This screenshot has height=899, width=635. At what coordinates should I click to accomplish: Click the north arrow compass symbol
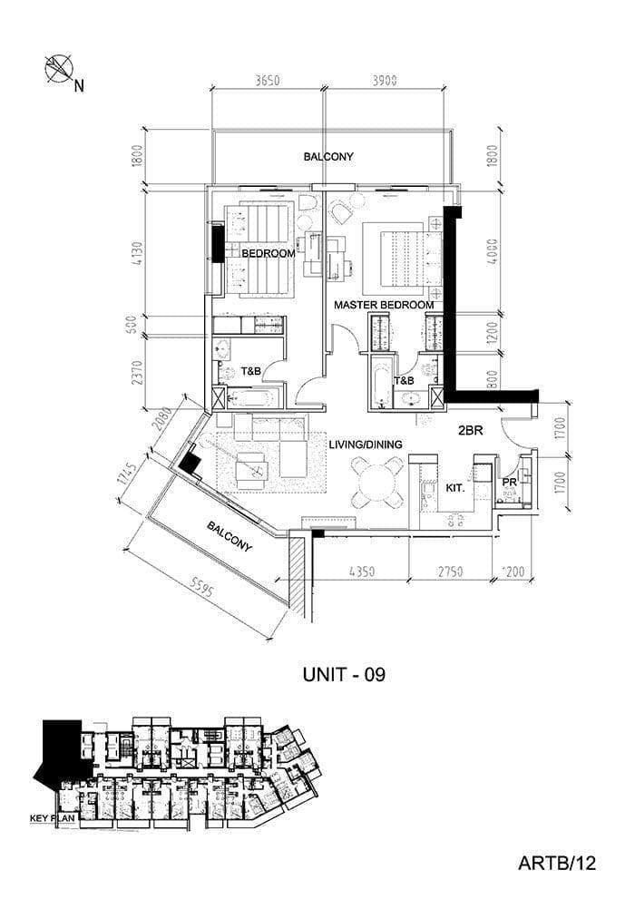pos(59,69)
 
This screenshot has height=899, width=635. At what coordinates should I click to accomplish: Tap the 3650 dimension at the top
pos(268,80)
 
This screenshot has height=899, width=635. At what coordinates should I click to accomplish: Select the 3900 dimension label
pos(385,80)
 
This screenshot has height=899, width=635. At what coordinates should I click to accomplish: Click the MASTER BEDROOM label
pos(384,305)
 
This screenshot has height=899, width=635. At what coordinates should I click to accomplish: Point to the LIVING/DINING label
pos(366,445)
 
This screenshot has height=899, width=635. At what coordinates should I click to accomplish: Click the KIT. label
pos(455,488)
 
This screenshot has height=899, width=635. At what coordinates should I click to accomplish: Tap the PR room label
pos(509,483)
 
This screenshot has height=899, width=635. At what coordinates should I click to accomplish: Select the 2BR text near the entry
pos(471,431)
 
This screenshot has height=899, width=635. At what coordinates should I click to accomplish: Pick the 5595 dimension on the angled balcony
pos(201,587)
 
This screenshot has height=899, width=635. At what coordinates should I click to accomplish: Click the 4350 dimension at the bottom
pos(362,572)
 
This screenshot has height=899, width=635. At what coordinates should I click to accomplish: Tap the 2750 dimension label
pos(450,572)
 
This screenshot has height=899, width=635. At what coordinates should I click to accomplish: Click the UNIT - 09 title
pos(344,675)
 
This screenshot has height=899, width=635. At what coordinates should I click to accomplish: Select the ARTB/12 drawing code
pos(557,863)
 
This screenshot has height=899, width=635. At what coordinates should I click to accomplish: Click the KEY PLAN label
pos(52,818)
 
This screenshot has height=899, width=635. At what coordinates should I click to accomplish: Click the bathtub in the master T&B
pos(382,382)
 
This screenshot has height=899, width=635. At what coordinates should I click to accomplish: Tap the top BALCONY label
pos(328,157)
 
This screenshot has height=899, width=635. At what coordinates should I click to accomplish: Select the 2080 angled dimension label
pos(162,419)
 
